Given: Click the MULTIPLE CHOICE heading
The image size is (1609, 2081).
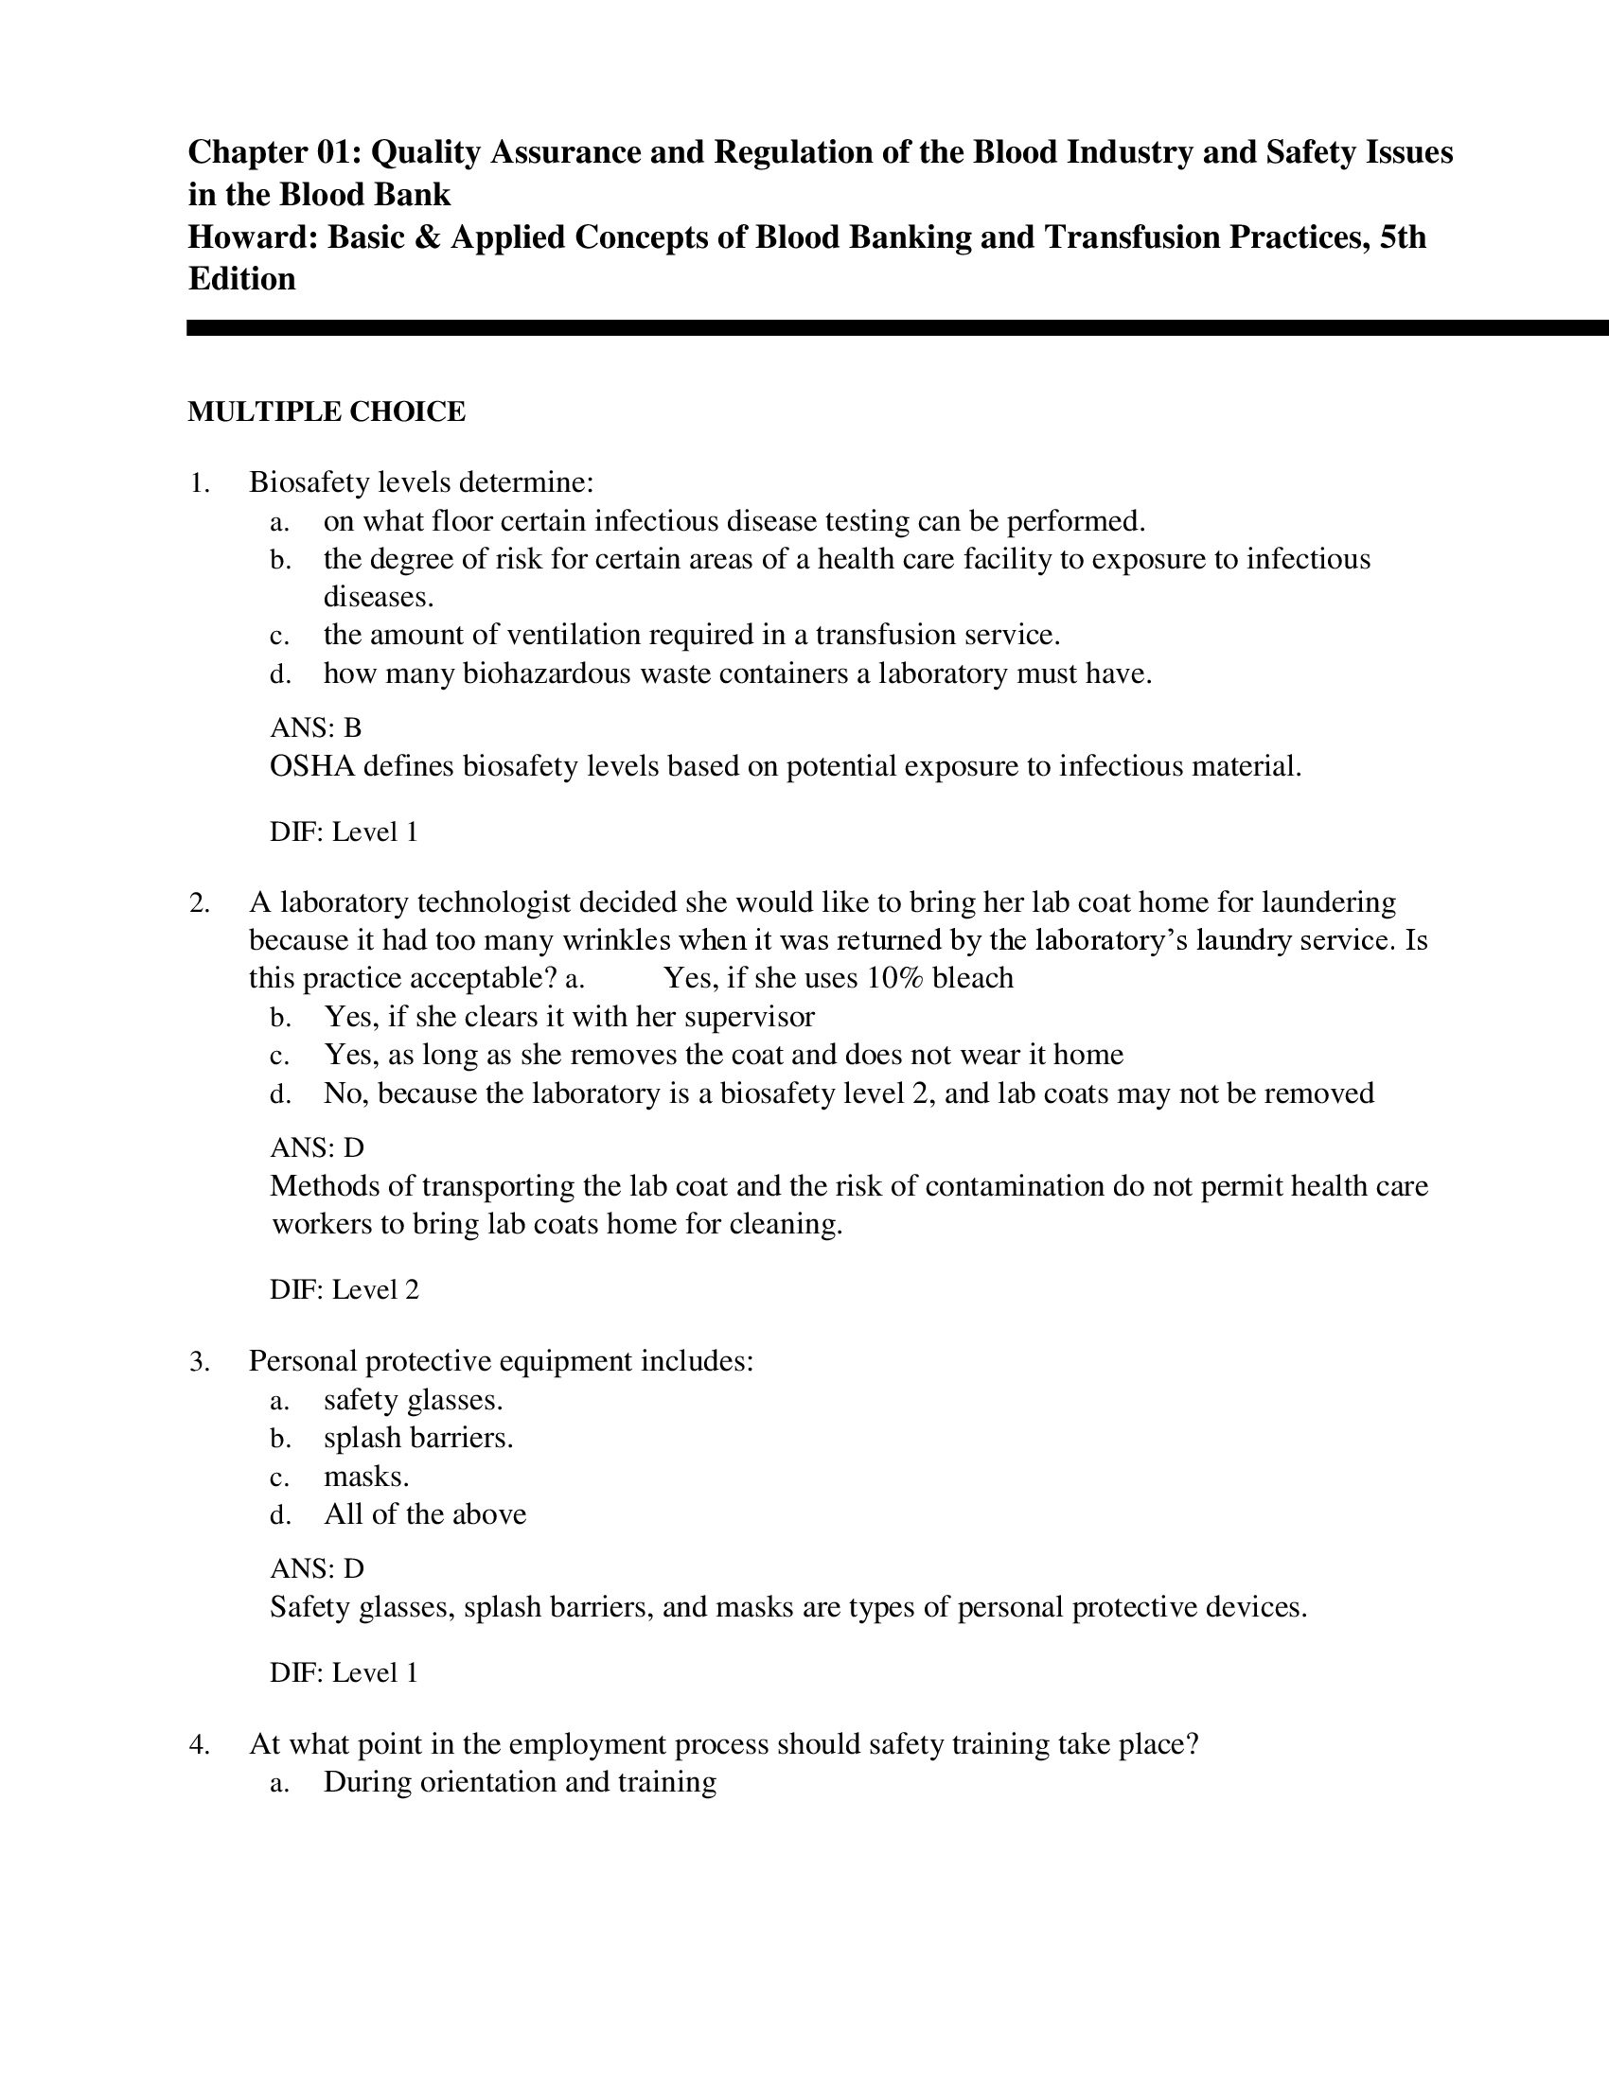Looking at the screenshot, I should (326, 411).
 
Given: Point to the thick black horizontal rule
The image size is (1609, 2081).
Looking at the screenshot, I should (896, 328).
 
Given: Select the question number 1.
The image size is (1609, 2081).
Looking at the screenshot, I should (198, 483).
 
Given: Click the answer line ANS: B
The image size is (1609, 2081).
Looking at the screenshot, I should (315, 728).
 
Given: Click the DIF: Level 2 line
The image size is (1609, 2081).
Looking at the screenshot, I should (345, 1290).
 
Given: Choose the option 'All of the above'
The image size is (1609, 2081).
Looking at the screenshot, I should (424, 1514).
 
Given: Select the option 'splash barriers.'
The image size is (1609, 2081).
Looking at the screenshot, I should (418, 1438).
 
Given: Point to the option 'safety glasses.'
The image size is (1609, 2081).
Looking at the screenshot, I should (413, 1400).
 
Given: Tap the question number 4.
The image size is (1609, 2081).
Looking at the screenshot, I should (198, 1744).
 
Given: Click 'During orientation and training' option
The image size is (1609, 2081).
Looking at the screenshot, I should (520, 1782).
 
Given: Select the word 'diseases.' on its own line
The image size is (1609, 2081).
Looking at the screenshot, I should (379, 598).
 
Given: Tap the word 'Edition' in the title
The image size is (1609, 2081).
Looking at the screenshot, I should (242, 279).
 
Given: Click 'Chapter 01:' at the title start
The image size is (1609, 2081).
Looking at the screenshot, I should (274, 152).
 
